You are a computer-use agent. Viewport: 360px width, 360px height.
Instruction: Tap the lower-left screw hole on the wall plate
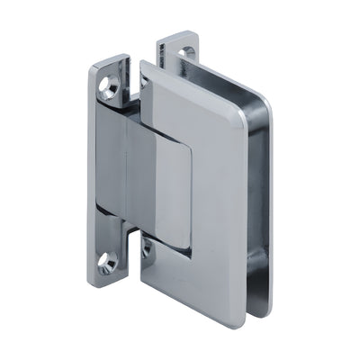[x=109, y=263]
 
